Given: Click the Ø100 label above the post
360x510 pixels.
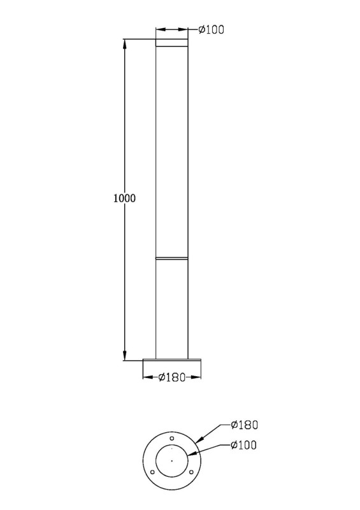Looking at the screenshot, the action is [x=211, y=29].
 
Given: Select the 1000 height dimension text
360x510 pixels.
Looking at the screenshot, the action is [x=124, y=198].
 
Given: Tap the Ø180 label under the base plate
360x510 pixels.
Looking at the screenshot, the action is [x=171, y=377].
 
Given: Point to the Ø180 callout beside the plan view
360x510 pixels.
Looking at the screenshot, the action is [x=244, y=425].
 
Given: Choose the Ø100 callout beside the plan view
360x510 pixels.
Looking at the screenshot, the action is [x=243, y=444].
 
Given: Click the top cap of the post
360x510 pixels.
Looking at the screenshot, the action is [x=171, y=43].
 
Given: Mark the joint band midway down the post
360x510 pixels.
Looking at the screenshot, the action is [x=171, y=259].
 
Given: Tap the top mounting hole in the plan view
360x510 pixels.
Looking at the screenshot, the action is [x=172, y=438].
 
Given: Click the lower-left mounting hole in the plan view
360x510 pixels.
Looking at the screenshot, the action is [x=152, y=472].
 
